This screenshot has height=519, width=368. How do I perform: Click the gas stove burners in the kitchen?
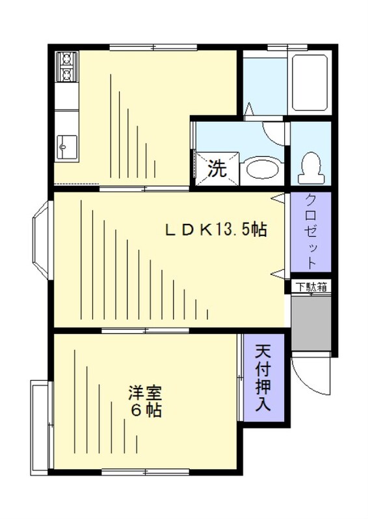[x=67, y=67]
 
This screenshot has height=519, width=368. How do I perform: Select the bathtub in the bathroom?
[x=308, y=82]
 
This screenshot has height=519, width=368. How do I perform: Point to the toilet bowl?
[x=309, y=167]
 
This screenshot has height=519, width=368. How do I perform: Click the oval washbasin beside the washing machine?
[x=263, y=169]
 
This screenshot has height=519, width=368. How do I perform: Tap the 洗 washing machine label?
[x=217, y=169]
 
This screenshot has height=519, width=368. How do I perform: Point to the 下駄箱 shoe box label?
[x=312, y=286]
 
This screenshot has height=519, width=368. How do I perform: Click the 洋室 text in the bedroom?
[x=144, y=394]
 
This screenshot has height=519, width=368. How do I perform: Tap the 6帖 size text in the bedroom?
[x=144, y=411]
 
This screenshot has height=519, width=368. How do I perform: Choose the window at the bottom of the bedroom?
[x=145, y=471]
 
